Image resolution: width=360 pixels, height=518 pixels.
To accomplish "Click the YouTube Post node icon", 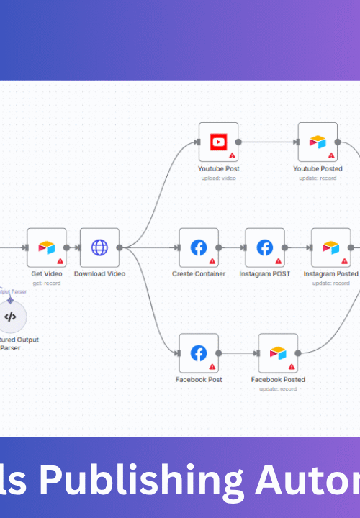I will point(218,142).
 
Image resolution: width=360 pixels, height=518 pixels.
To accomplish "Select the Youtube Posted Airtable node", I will point(318,142).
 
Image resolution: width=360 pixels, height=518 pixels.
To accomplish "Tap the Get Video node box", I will point(47,247).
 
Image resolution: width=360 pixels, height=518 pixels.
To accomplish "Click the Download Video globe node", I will point(99,247).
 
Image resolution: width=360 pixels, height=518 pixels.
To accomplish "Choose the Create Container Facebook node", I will point(199,247).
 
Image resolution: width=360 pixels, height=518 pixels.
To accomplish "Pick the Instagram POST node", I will point(265,247).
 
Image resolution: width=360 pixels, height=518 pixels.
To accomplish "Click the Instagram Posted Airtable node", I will point(330,247).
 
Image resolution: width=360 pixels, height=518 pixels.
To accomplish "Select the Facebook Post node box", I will point(199,353).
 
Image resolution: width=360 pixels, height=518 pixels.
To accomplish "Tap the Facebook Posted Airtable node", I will point(278,353).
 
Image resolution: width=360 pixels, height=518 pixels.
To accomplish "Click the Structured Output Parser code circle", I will point(10,317).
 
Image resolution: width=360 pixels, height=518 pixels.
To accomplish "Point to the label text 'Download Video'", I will point(99,274).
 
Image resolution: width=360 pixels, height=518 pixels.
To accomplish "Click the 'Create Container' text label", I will point(199,274).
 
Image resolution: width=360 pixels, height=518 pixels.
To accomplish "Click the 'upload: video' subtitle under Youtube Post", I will point(218,178).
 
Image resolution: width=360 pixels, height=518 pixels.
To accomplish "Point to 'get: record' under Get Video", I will point(47,283).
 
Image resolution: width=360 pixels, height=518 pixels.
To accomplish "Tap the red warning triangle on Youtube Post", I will point(232,155).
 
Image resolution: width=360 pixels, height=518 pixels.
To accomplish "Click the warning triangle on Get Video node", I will point(60,261).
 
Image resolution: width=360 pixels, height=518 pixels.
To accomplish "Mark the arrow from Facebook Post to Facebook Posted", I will point(238,353).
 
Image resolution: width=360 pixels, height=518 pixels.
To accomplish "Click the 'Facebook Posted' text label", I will point(278,380).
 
